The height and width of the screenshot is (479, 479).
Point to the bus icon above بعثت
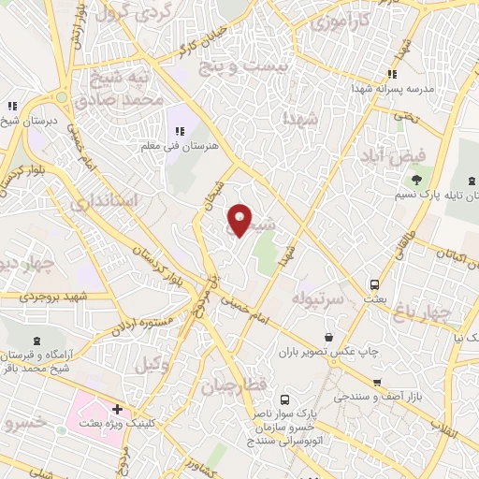(x=373, y=283)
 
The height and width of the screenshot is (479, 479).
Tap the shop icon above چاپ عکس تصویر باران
(x=328, y=337)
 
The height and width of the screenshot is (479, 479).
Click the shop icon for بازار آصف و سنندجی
(x=376, y=382)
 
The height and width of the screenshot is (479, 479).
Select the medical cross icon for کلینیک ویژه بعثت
(x=116, y=409)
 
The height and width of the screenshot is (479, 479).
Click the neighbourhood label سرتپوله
(x=320, y=298)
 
